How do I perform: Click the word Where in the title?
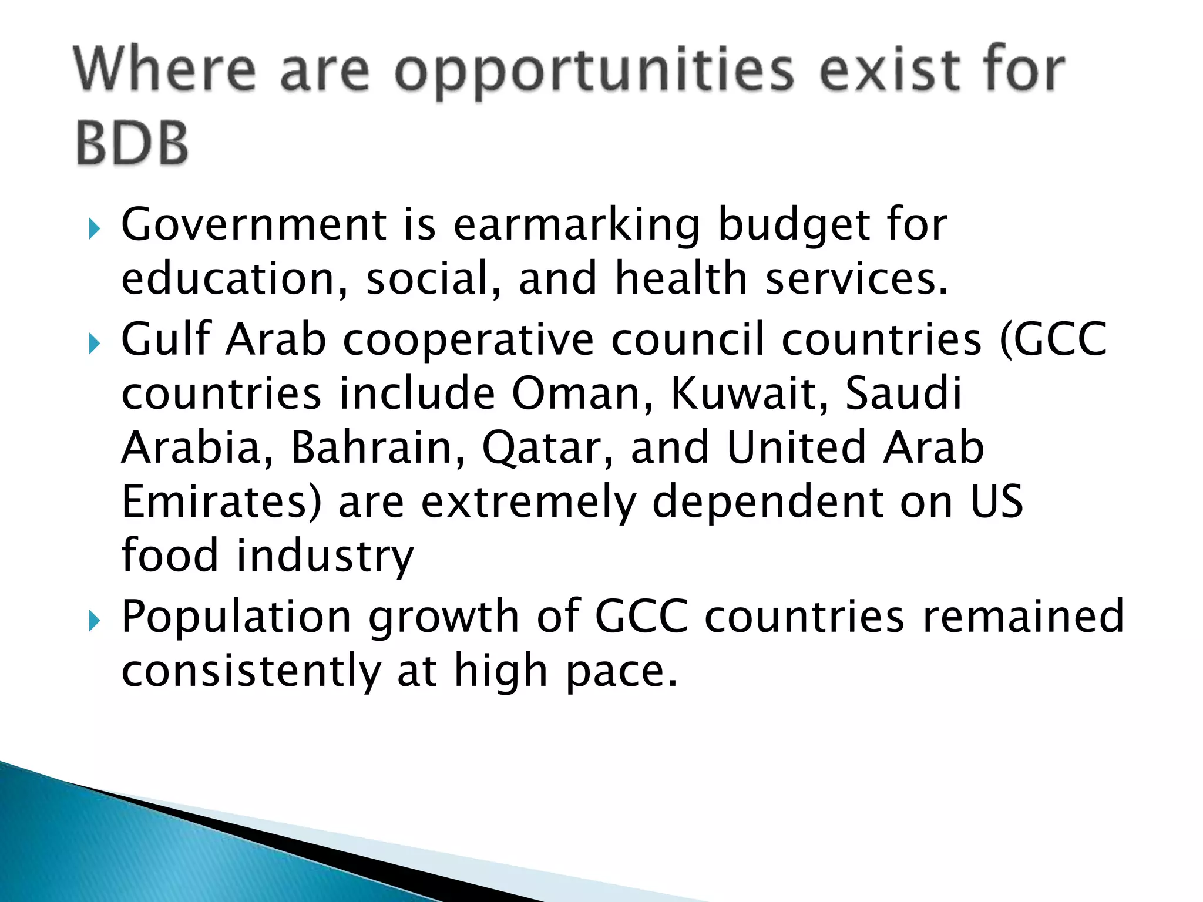[x=165, y=70]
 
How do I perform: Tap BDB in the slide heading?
[x=132, y=143]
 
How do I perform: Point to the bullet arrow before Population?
[x=94, y=621]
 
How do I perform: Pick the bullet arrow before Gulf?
[x=94, y=344]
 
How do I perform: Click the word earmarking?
[x=577, y=226]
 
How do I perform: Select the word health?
[x=681, y=278]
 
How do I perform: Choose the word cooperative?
[x=468, y=341]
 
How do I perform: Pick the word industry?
[x=325, y=557]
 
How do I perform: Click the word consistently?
[x=251, y=671]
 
